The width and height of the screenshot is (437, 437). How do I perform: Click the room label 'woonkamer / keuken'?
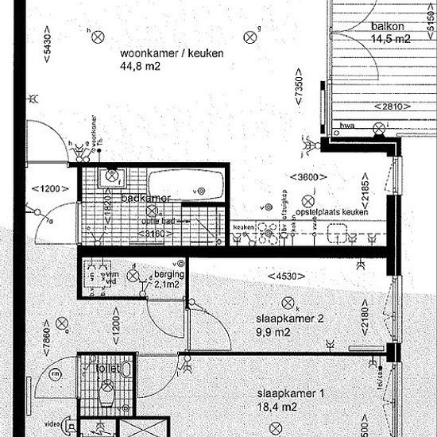point(172,54)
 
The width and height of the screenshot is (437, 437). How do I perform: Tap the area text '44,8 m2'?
point(140,68)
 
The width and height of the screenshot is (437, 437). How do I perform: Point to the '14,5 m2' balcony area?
point(390,38)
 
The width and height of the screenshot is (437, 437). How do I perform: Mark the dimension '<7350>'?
point(299,95)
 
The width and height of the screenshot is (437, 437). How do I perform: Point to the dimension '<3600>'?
point(306,176)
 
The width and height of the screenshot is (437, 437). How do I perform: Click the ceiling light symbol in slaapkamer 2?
point(286,302)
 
